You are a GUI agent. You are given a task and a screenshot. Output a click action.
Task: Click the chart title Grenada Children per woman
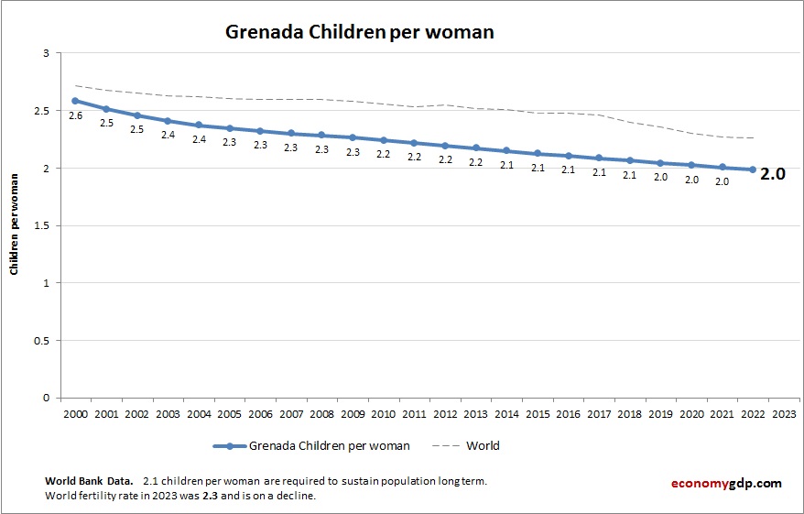point(360,32)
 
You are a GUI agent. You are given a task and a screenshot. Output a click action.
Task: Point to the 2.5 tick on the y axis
point(41,111)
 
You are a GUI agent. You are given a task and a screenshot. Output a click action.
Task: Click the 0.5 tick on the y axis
point(41,341)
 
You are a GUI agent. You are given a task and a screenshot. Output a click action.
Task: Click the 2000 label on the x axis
point(74,414)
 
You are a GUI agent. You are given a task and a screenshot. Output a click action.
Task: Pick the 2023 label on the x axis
point(784,414)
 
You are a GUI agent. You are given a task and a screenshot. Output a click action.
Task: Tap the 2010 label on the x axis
point(383,414)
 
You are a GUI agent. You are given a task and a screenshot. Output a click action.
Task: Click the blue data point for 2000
point(74,101)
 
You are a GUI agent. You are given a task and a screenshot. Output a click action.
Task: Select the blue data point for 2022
point(753,170)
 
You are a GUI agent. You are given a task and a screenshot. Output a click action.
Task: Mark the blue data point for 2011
point(414,143)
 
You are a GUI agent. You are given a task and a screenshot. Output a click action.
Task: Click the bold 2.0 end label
point(773,174)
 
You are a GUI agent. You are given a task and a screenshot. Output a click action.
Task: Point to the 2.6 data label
point(74,115)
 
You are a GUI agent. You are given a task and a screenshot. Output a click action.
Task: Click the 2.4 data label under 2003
point(167,135)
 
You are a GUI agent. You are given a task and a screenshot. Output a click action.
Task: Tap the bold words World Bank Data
point(89,481)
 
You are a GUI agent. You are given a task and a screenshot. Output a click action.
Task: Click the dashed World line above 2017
point(599,115)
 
